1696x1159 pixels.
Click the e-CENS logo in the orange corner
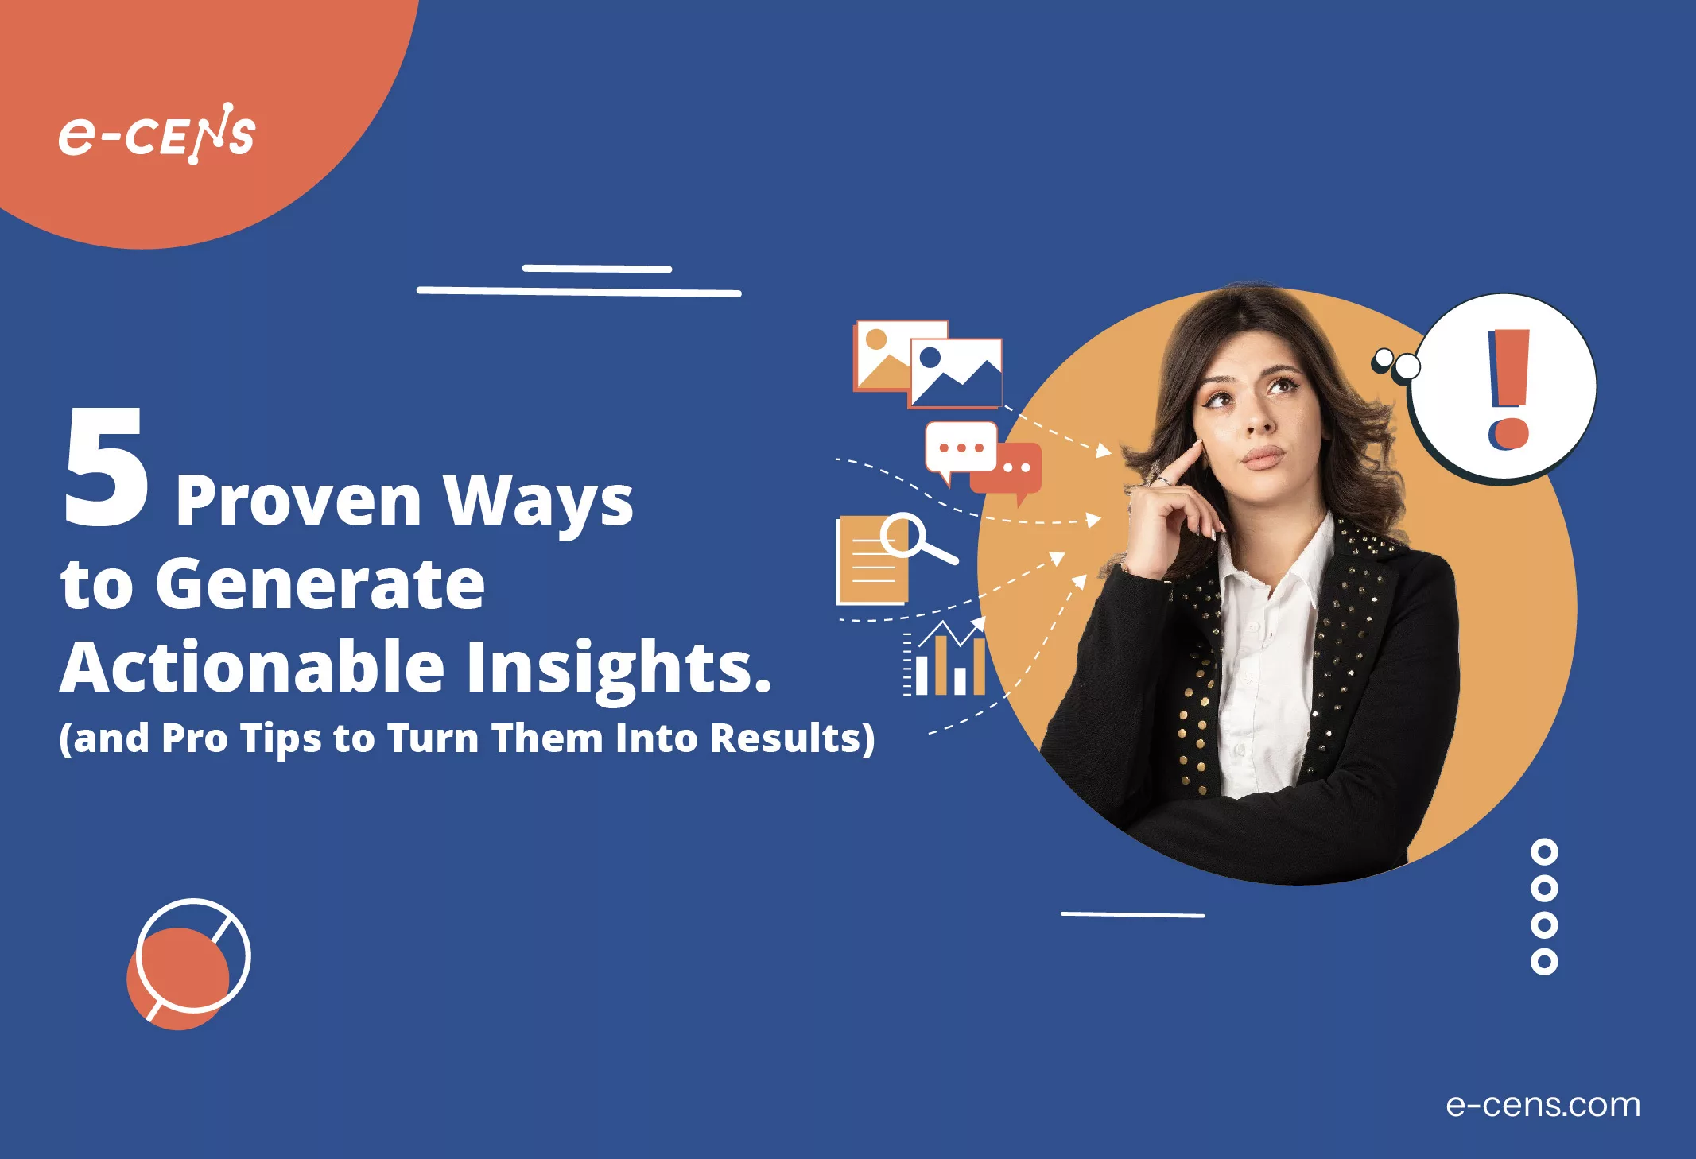pos(157,134)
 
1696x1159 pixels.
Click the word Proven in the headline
pos(298,501)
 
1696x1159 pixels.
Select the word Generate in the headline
pos(320,584)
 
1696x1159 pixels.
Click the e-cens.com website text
pos(1543,1105)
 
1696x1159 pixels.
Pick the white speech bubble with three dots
pos(961,448)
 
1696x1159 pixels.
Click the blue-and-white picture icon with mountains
pos(956,372)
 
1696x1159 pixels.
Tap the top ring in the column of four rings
pos(1543,852)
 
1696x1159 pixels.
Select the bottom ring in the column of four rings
pos(1543,962)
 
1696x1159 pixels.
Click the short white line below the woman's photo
pos(1132,915)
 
